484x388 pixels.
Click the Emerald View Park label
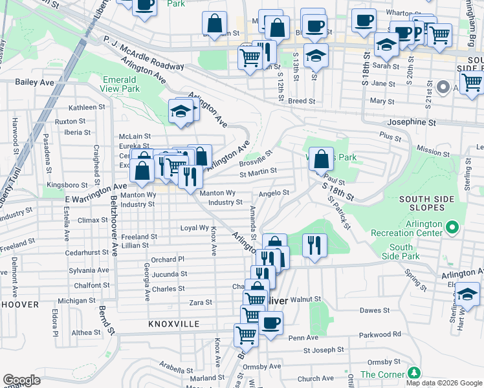121,83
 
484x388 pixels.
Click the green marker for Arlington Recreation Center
453,228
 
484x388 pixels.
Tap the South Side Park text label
401,252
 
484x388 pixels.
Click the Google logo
21,380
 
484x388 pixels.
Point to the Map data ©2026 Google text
443,383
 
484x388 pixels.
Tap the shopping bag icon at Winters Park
321,158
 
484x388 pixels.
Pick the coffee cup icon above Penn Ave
270,322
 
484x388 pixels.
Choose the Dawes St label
375,310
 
